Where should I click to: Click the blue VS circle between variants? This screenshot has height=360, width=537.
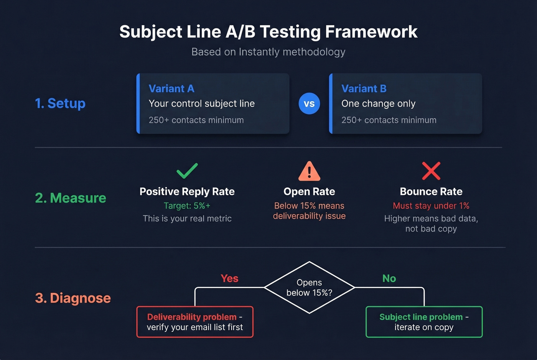point(309,104)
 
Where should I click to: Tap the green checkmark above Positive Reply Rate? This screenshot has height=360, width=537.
point(187,171)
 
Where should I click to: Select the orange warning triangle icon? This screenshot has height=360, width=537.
point(309,171)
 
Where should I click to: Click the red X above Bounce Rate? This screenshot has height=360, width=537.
point(431,171)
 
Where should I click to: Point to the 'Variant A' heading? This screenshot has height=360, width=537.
point(171,89)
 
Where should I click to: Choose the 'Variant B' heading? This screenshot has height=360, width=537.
point(364,89)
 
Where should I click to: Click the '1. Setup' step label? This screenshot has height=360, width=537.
point(60,104)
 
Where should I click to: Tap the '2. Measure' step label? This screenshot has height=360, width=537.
point(71,198)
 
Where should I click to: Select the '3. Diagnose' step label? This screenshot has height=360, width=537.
point(73,298)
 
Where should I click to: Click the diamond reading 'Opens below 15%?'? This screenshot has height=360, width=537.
point(309,288)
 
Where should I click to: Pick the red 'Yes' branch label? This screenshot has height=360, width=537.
point(229,278)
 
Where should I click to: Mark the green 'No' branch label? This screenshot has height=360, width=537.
point(389,278)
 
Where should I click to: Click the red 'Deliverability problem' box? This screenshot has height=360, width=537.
point(195,322)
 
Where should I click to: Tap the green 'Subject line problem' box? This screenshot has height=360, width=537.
point(424,322)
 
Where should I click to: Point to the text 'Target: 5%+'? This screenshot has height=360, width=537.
point(187,205)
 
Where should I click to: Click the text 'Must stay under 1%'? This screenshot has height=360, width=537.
point(431,205)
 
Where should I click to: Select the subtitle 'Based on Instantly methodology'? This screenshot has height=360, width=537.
point(268,52)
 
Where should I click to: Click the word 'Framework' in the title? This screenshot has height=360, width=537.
point(371,32)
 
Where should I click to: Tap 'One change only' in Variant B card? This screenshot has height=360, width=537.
point(378,104)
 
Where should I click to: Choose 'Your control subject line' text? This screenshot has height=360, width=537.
point(202,104)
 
